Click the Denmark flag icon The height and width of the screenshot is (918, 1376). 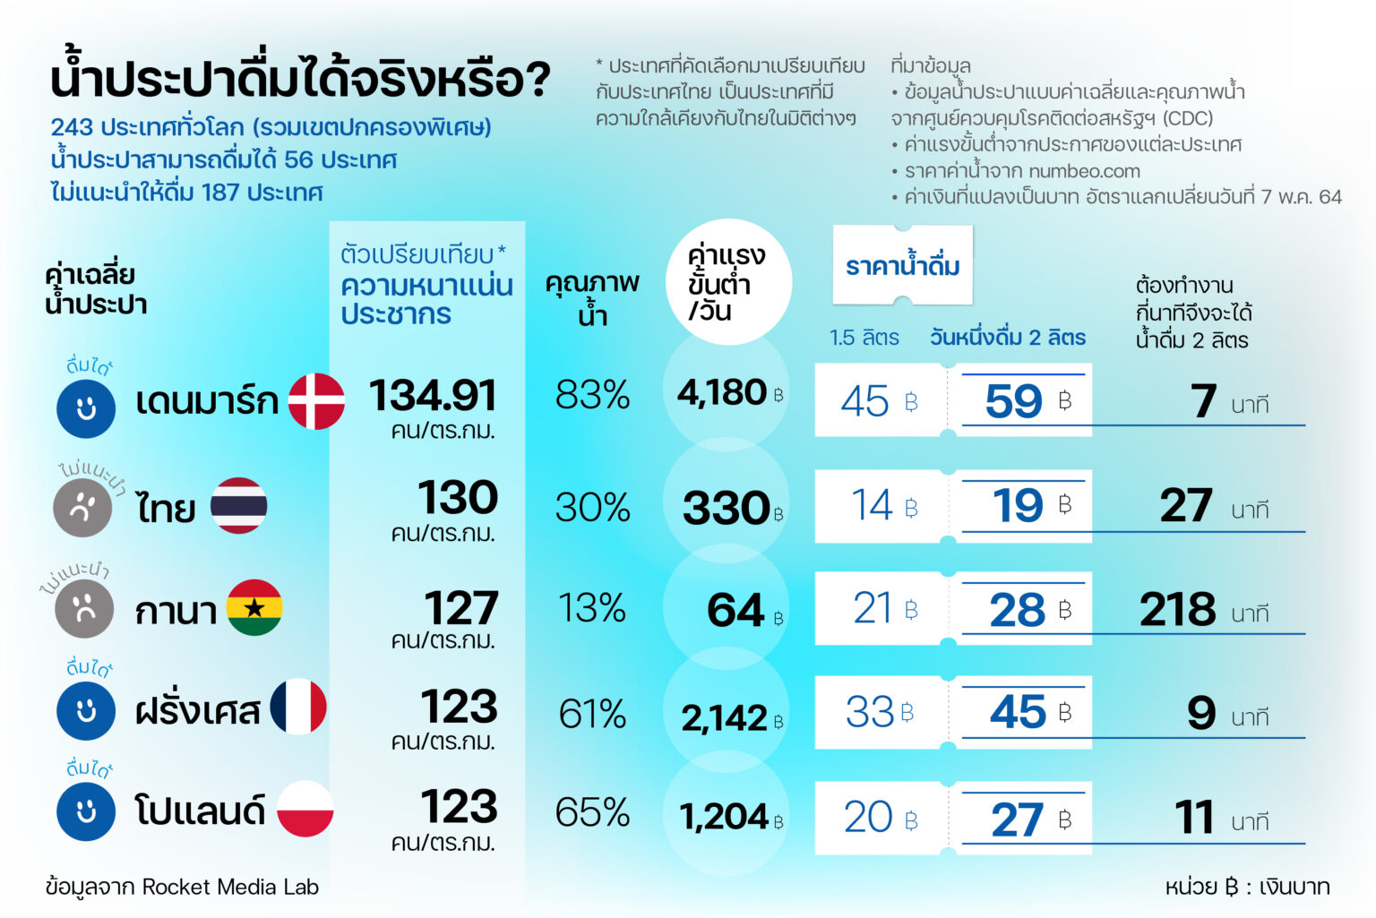coord(316,401)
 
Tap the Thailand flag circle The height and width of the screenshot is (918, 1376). coord(239,506)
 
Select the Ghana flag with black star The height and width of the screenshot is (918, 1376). coord(254,608)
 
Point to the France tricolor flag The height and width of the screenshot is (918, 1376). coord(298,708)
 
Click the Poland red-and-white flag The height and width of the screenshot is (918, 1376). coord(305,809)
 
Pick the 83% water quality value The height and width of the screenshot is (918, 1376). coord(592,395)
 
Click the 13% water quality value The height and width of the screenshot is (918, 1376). coord(592,609)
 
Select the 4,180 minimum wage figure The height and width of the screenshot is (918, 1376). coord(722,392)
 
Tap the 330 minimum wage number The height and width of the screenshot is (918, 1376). coord(726,508)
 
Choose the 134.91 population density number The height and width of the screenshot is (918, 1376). coord(433,395)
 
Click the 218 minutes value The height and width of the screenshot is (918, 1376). coord(1177,610)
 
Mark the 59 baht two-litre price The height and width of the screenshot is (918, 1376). coord(1014,401)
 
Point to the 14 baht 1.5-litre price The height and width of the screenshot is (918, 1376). coord(872,505)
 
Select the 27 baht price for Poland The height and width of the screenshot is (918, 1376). coord(1017,819)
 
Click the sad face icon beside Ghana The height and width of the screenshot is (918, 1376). coord(84,609)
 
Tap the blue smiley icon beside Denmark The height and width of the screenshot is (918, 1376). coord(86,409)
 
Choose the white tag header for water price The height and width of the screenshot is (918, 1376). coord(902,266)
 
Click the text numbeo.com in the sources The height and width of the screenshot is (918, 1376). coord(1084,171)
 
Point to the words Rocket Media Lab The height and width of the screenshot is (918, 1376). coord(230,887)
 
